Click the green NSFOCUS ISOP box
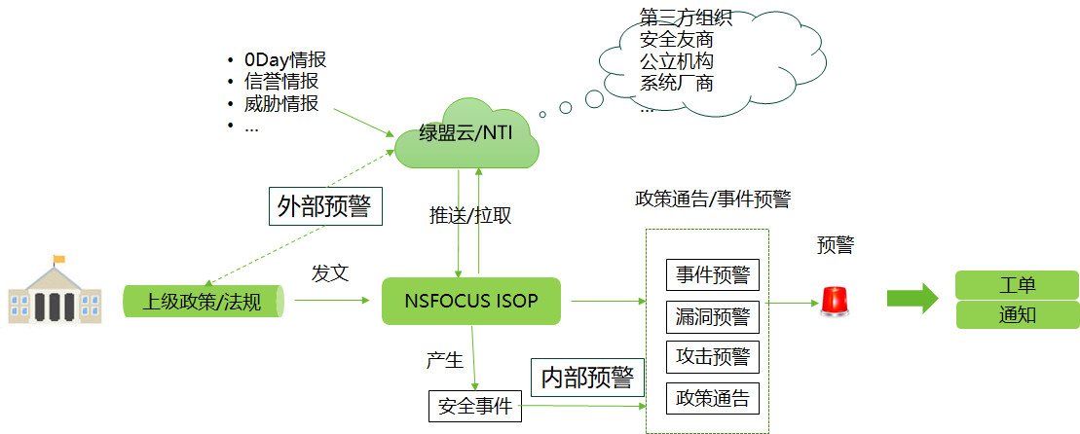coord(471,300)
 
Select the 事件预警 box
coord(712,274)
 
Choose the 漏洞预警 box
coord(712,316)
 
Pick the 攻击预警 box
coord(712,356)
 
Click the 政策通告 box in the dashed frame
coord(712,397)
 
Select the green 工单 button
coord(1017,285)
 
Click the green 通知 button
coord(1017,315)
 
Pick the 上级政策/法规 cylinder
coord(203,301)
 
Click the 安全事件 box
coord(475,406)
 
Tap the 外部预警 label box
coord(324,206)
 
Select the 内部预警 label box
coord(587,377)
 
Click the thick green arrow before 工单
coord(911,298)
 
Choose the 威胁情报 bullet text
coord(280,103)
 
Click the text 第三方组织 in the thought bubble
coord(686,18)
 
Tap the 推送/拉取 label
coord(470,215)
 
